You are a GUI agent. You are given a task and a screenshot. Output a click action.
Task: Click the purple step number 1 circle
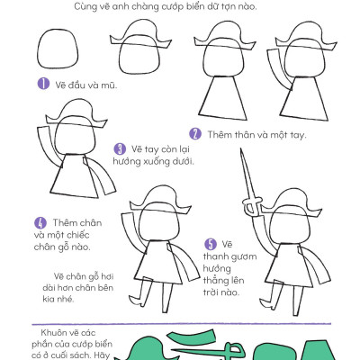[x=43, y=84]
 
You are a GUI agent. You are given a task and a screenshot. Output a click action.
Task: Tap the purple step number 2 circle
[x=195, y=134]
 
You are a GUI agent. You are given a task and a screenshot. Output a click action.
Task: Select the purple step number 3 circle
[x=120, y=148]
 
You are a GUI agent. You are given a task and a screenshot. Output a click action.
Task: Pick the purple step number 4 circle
[x=40, y=223]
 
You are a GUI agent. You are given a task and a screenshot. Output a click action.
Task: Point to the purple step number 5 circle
[x=211, y=244]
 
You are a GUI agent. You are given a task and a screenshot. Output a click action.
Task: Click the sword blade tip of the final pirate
[x=241, y=149]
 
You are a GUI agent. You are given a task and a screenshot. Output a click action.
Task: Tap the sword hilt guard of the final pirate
[x=252, y=205]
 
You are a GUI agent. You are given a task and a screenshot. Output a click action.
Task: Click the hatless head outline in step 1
[x=58, y=49]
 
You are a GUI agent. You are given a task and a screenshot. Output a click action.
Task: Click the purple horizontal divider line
[x=182, y=324]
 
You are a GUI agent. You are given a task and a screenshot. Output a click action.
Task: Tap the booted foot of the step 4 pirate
[x=137, y=301]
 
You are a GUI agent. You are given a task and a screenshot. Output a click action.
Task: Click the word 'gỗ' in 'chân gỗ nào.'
[x=65, y=247]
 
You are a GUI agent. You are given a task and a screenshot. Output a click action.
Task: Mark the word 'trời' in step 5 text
[x=211, y=292]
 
